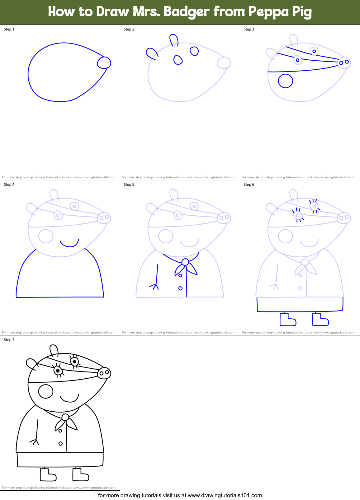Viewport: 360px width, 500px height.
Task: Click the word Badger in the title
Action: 186,12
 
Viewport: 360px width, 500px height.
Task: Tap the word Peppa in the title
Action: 268,12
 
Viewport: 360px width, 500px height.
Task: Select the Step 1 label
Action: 9,29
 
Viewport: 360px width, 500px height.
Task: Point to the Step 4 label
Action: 9,185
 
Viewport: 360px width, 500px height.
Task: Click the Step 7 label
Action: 9,340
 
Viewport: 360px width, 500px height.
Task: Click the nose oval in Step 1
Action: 104,63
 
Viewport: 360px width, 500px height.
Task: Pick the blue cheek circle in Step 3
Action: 285,81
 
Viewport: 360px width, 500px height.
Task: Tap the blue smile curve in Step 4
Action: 69,243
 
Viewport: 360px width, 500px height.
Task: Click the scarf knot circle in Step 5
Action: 185,262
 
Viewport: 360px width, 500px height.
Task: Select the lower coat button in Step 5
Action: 180,288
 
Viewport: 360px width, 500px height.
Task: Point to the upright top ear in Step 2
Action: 174,40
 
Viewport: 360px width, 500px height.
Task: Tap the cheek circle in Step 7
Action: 46,391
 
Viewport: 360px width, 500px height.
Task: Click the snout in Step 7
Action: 104,373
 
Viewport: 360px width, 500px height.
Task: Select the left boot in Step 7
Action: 48,475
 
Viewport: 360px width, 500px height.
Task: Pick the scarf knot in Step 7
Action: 65,417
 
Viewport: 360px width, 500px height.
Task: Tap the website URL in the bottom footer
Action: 225,495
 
